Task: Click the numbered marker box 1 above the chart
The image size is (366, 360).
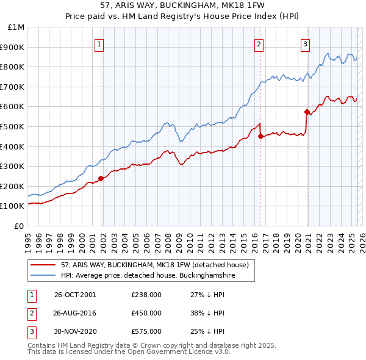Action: [x=99, y=43]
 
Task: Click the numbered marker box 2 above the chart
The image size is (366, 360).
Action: [x=259, y=43]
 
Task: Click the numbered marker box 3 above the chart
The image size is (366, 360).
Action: [x=305, y=43]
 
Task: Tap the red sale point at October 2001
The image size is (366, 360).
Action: [x=101, y=178]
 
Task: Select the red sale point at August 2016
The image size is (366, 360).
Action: [x=261, y=136]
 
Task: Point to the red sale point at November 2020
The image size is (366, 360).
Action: [x=307, y=112]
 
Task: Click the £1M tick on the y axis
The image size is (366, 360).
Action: [x=16, y=27]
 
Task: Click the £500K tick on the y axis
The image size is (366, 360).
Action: [x=13, y=126]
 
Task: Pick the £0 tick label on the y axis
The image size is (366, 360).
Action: [x=19, y=226]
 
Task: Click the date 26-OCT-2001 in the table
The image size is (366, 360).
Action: [x=75, y=295]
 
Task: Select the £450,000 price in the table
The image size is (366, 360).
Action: [x=146, y=312]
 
